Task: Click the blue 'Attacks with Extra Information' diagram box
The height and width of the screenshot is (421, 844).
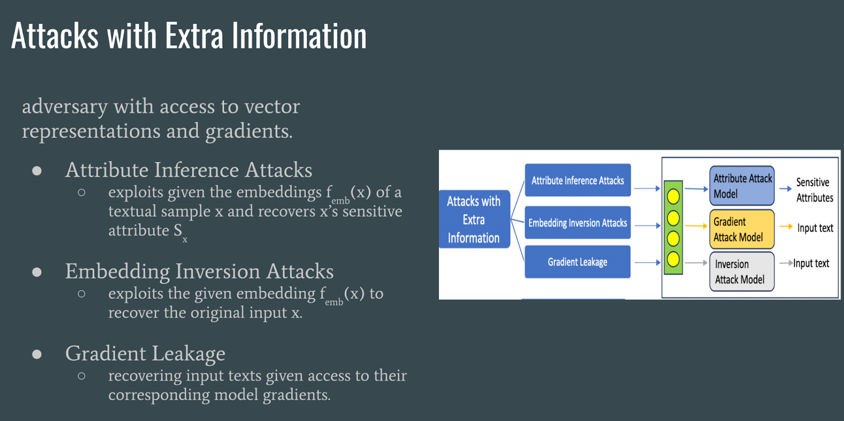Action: (474, 219)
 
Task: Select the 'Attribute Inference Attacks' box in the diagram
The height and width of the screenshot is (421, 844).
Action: (578, 180)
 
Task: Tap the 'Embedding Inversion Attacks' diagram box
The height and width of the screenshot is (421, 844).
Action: (578, 223)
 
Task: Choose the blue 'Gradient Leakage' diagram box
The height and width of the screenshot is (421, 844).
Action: (578, 262)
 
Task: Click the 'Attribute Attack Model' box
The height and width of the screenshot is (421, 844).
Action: (742, 186)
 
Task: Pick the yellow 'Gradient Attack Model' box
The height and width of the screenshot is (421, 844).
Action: (742, 229)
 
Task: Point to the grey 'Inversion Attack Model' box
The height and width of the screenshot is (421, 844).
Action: (742, 272)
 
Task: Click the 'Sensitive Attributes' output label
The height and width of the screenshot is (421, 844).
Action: (814, 190)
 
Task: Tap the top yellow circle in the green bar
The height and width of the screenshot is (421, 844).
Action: (673, 197)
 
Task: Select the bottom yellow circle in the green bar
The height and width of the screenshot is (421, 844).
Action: (673, 259)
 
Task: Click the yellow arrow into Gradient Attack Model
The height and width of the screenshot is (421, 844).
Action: (696, 226)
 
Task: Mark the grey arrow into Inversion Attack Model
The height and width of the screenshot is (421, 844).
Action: (696, 263)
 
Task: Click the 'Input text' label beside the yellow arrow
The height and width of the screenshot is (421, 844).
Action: (815, 228)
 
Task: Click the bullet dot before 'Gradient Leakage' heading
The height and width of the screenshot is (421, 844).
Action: (37, 354)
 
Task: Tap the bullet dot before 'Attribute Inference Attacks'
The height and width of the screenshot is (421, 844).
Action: (37, 170)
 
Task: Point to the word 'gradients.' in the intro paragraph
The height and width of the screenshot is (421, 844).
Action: (249, 131)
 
